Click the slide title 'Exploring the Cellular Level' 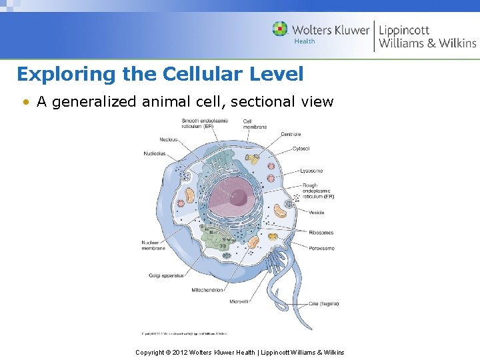pos(160,73)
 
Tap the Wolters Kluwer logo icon pos(280,29)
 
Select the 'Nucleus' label pos(169,139)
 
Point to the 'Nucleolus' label pos(155,153)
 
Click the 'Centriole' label pos(291,134)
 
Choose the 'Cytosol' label pos(301,149)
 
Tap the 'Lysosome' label pos(311,171)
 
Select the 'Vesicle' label pos(317,213)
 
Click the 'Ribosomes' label pos(321,233)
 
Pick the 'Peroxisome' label pos(321,248)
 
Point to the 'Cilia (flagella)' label pos(323,303)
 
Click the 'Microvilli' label pos(239,302)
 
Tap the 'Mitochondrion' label pos(207,290)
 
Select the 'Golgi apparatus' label pos(165,275)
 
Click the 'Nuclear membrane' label pos(154,245)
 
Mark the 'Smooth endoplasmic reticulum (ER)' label pos(205,123)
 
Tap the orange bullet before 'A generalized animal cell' pos(25,102)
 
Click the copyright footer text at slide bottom pos(240,352)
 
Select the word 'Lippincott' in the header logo pos(404,30)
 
